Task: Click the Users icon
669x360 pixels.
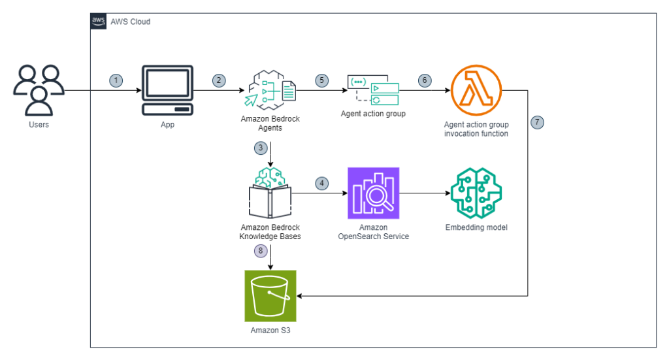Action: [39, 90]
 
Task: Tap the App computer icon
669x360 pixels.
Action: [167, 90]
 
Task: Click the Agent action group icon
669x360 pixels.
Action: [372, 90]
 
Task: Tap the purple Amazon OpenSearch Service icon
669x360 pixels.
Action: [373, 193]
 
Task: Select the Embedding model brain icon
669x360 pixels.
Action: [476, 193]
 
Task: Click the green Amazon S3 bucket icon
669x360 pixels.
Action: [270, 295]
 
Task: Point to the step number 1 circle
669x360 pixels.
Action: [116, 80]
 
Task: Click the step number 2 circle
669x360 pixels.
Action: [219, 80]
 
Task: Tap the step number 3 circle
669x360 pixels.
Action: [261, 148]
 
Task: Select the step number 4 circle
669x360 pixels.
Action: [321, 183]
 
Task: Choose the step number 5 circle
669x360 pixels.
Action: [321, 80]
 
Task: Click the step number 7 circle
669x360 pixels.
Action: [538, 122]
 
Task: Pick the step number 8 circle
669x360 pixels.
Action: [261, 250]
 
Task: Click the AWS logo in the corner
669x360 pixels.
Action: [99, 21]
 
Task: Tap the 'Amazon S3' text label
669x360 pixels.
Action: [270, 331]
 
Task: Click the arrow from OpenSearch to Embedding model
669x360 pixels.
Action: [425, 193]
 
